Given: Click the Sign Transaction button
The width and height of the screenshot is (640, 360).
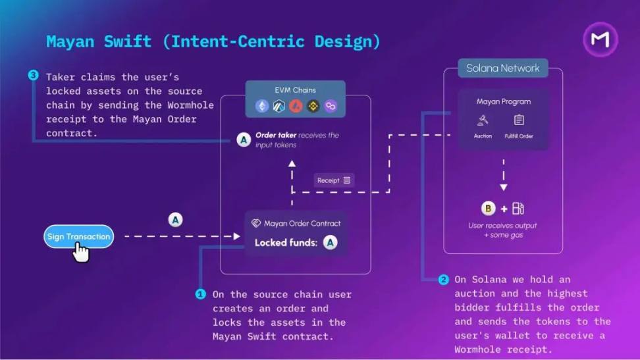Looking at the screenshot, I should (x=78, y=237).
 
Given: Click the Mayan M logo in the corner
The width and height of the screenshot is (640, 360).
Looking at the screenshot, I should (x=600, y=39).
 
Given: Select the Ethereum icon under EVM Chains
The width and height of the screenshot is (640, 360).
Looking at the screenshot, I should (x=262, y=106).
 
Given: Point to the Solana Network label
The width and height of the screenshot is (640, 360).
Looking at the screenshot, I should (x=502, y=68).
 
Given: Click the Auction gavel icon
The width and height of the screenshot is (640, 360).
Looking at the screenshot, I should (x=483, y=120).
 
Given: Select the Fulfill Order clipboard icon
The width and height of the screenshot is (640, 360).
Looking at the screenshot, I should (x=519, y=120).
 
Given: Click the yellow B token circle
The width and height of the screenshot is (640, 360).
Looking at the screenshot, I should (x=488, y=209).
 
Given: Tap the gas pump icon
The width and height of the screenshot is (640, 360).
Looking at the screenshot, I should (x=518, y=209).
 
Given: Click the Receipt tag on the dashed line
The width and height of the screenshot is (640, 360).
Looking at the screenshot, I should (x=334, y=180).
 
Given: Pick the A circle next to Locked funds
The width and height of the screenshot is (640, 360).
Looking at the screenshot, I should (x=331, y=243).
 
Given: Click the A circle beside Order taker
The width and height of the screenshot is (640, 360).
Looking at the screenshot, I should (x=244, y=140).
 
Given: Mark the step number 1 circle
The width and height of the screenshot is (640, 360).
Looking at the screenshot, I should (x=200, y=294).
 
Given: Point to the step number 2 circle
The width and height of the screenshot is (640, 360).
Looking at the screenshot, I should (x=444, y=280).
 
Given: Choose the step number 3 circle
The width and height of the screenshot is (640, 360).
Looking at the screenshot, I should (x=34, y=76).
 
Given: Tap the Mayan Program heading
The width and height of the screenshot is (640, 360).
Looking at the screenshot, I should (x=503, y=101).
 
